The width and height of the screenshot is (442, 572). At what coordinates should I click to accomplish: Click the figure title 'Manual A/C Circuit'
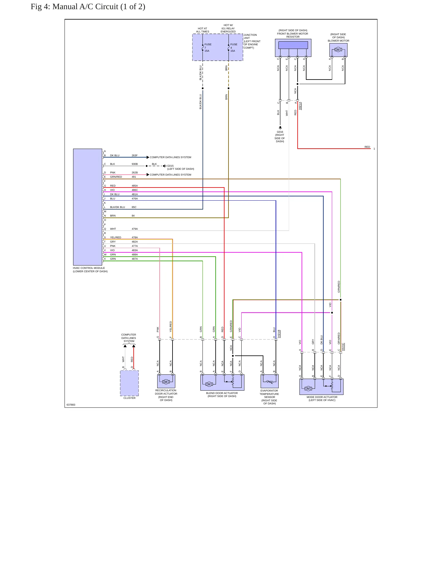click(85, 7)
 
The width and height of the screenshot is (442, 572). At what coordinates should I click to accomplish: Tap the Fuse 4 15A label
click(234, 48)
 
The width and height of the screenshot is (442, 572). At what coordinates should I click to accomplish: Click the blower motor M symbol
click(338, 50)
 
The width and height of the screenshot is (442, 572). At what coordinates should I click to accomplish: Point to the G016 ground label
click(280, 132)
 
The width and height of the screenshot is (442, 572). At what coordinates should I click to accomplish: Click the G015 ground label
click(170, 166)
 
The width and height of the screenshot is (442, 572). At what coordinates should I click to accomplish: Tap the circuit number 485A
click(135, 186)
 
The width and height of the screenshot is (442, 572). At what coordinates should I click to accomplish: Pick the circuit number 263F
click(135, 155)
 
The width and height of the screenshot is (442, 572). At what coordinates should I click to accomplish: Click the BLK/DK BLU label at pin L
click(117, 207)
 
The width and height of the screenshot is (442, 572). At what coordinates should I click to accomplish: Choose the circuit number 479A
click(135, 229)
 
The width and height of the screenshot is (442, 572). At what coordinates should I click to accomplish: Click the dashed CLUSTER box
click(129, 383)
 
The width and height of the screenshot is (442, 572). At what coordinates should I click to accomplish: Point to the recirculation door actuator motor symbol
click(166, 382)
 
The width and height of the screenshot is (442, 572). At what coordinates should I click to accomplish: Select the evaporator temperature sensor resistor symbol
click(269, 382)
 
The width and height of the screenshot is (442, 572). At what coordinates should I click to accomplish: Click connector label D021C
click(343, 347)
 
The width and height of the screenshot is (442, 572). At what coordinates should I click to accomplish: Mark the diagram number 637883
click(71, 405)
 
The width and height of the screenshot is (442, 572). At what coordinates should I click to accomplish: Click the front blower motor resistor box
click(293, 48)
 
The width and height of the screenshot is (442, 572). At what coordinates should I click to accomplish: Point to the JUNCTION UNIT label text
click(250, 36)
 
